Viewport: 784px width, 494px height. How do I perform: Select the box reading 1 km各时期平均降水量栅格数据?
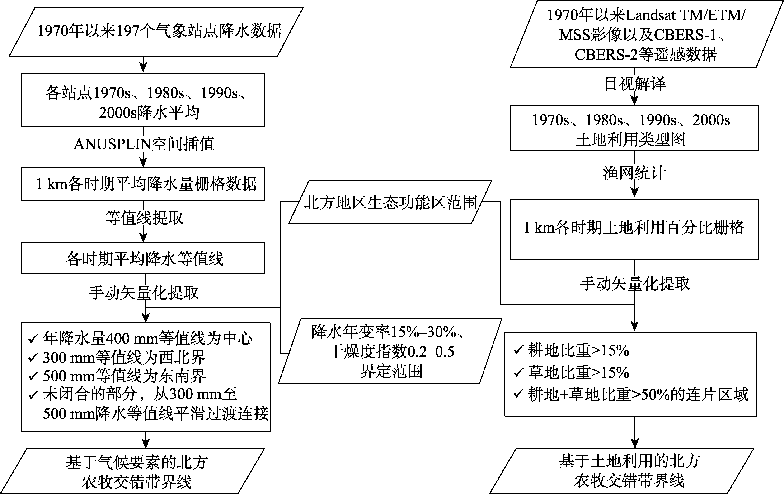point(143,184)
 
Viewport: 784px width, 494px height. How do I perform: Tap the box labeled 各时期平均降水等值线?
point(143,258)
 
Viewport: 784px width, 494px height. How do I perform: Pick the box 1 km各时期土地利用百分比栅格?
point(634,229)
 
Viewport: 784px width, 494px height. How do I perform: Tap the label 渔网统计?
point(634,173)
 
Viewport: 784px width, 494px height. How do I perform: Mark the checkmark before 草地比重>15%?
point(518,372)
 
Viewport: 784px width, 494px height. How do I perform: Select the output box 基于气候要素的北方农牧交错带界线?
point(132,471)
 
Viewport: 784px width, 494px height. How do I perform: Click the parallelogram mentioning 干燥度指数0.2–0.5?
point(390,351)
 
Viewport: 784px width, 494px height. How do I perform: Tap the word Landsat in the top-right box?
point(656,15)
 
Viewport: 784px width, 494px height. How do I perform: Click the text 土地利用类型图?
point(631,140)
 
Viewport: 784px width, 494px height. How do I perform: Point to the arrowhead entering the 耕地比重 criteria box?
point(634,327)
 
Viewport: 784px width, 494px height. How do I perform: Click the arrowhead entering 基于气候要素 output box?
point(146,443)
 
